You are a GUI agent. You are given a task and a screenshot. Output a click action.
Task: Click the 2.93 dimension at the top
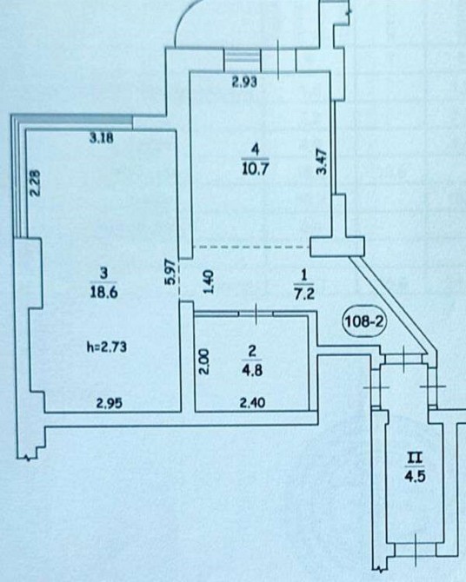244,82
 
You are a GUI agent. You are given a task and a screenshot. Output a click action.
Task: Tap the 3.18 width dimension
101,138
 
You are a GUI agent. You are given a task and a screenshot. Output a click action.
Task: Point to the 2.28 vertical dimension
35,182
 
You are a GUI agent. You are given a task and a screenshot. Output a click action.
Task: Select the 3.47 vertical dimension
322,161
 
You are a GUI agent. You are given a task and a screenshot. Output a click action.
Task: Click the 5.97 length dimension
170,271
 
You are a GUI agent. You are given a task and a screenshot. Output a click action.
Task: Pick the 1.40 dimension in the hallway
209,281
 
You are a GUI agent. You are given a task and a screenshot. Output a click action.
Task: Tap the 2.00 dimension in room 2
205,361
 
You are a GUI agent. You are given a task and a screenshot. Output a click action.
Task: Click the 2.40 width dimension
252,402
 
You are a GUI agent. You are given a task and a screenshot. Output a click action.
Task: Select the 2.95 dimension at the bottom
109,403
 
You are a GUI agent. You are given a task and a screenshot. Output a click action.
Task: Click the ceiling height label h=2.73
107,347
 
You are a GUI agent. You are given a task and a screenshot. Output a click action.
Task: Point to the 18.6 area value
103,292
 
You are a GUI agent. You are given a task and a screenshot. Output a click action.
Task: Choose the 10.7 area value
255,169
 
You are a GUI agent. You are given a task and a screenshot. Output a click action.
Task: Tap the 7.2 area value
304,294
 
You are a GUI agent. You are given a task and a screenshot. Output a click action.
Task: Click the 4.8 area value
252,370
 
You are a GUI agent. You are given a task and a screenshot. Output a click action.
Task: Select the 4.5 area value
415,476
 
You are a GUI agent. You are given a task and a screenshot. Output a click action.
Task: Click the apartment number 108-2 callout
364,321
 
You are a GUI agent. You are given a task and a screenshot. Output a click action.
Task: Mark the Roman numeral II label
415,458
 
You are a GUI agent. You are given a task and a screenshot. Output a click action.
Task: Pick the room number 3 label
104,274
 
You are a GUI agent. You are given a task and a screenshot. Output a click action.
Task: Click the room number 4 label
255,150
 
